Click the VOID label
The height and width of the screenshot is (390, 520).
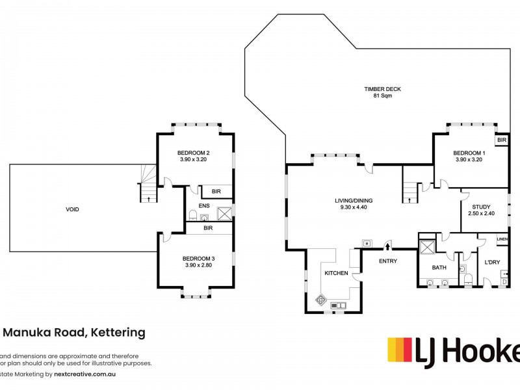(x=72, y=209)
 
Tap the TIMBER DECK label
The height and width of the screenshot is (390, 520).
(x=378, y=88)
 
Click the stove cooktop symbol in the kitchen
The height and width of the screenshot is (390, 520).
(x=320, y=300)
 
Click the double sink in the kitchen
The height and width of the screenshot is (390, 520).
(x=339, y=305)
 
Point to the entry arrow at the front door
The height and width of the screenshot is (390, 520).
(x=387, y=246)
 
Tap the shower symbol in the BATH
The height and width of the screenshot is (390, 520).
(x=428, y=248)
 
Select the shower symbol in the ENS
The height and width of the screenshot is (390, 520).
(x=224, y=213)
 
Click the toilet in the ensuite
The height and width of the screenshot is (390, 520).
(x=193, y=216)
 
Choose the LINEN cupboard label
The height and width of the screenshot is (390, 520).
(x=502, y=239)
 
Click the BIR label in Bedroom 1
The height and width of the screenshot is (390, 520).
(x=501, y=140)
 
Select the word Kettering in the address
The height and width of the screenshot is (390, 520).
(x=117, y=333)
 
